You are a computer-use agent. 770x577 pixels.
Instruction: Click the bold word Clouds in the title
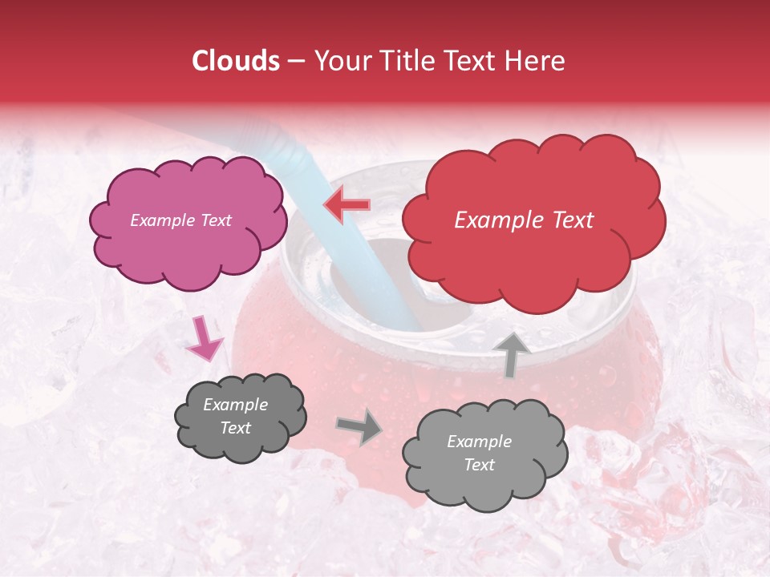pyautogui.click(x=237, y=61)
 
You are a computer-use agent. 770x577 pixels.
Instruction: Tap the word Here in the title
pyautogui.click(x=537, y=61)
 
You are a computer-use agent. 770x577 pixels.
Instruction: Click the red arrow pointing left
pyautogui.click(x=346, y=205)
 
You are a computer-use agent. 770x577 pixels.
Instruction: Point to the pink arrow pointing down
pyautogui.click(x=204, y=338)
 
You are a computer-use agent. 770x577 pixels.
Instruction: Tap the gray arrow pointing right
pyautogui.click(x=359, y=426)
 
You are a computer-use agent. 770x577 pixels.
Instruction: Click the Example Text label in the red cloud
pyautogui.click(x=524, y=220)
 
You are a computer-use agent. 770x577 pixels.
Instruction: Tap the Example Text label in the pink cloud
pyautogui.click(x=180, y=220)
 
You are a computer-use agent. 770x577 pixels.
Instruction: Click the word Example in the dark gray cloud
pyautogui.click(x=235, y=406)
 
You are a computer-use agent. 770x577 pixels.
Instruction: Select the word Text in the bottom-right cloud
pyautogui.click(x=479, y=465)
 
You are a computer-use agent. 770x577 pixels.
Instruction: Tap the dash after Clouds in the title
pyautogui.click(x=296, y=61)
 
